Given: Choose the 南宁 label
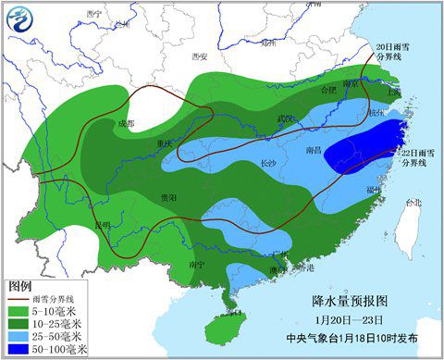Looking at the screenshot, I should (196, 264).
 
